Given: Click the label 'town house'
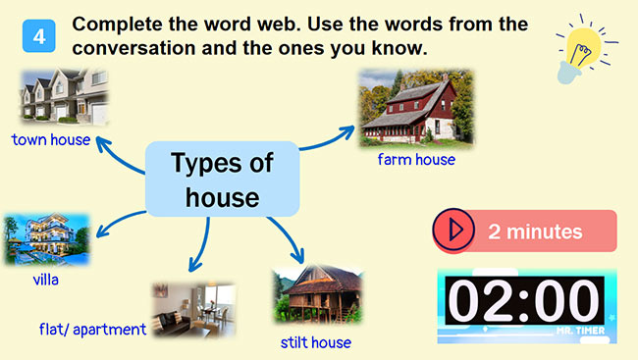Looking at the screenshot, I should coord(51,140).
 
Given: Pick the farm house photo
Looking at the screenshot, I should coord(415,108).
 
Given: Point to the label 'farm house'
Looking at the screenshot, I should coord(416,159).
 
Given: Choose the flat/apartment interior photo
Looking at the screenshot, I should coord(192,310).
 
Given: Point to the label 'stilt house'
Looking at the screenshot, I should coord(315,342).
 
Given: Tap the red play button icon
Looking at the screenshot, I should coord(453,231).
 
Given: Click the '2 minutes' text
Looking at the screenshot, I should coord(535,232).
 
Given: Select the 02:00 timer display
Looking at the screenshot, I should coord(526,303).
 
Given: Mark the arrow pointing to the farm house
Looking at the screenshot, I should coord(326,137).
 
